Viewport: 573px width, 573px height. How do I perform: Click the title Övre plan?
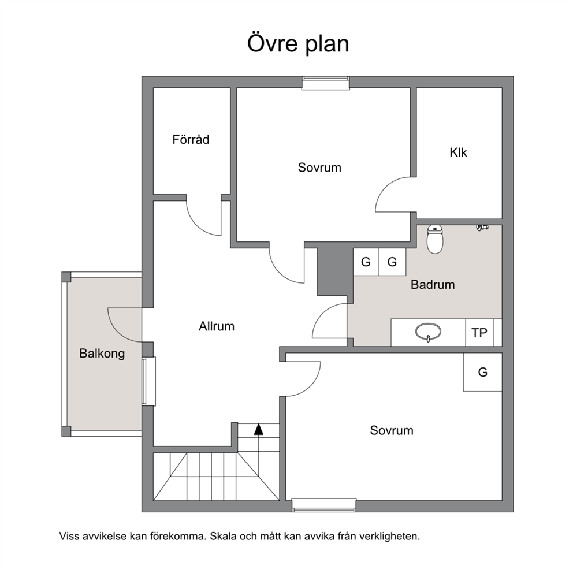298,43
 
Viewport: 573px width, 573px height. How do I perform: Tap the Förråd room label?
191,140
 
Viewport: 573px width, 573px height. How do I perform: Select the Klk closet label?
458,152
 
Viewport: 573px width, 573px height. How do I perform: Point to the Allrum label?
217,326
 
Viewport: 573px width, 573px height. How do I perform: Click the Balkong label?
102,354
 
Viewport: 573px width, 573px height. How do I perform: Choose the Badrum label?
433,284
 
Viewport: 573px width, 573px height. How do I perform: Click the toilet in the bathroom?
435,239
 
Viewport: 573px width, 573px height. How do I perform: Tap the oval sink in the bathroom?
428,332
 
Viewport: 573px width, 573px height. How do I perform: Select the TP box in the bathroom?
479,333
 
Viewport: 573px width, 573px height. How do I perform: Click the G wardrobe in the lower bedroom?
482,372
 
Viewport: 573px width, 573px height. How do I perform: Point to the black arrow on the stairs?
259,429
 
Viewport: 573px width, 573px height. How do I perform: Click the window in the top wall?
326,83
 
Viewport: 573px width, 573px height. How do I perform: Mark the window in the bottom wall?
324,505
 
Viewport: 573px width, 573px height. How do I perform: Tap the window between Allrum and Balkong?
148,381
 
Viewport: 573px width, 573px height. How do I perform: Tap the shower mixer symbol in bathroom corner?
482,228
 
